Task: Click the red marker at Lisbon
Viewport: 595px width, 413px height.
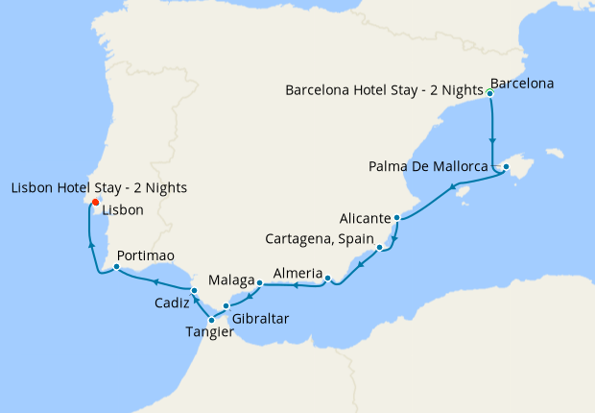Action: pos(95,202)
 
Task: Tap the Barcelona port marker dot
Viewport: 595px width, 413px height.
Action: pos(490,93)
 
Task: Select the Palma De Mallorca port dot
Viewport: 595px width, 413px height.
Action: pos(506,167)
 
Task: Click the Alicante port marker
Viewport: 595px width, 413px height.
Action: pos(396,218)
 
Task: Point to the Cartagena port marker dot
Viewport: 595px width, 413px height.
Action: pos(380,248)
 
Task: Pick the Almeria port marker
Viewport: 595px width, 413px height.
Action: pos(327,279)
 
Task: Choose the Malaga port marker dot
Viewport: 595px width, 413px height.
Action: pos(260,282)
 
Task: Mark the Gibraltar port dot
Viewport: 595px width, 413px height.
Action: pos(226,306)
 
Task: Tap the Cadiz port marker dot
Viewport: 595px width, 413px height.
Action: pos(193,290)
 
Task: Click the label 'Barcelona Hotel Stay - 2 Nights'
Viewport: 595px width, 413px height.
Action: pos(384,90)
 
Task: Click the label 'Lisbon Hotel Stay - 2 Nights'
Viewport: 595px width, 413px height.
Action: pos(99,187)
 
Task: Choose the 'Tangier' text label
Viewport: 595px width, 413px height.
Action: pos(210,332)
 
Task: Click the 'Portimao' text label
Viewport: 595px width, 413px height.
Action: pos(146,256)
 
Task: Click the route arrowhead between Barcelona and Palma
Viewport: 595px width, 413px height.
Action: pos(493,138)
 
